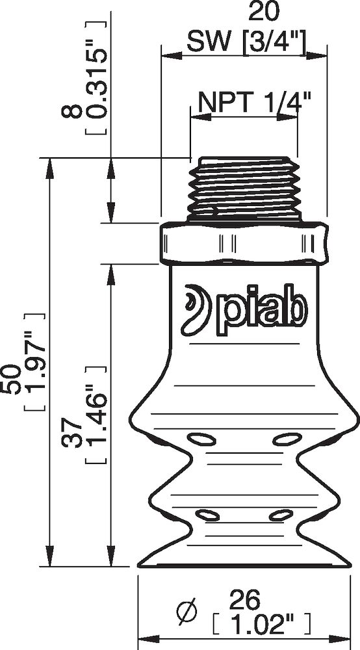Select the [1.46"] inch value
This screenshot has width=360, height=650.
96,417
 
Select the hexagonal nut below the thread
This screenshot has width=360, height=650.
244,244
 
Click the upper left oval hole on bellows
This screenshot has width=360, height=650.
201,441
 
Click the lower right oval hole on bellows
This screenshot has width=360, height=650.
279,515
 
